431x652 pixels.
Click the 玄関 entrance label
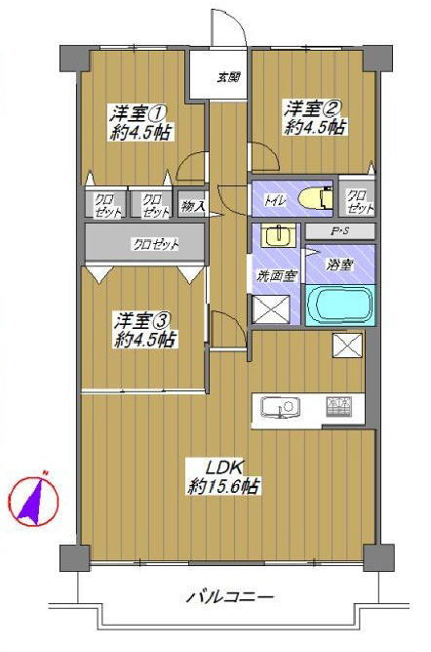coord(229,77)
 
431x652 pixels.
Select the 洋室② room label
coord(313,108)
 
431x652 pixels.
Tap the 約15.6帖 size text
coord(224,485)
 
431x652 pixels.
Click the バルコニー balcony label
coord(230,597)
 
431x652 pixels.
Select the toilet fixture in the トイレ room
coord(316,197)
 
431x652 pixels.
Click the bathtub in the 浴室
coord(340,306)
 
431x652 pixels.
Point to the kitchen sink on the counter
coord(280,407)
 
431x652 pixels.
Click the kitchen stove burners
coord(339,407)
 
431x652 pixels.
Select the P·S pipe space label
coord(339,231)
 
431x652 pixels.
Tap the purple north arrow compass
coord(34,500)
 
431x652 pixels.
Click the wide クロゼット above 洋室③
coord(145,243)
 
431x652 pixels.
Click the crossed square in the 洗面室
coord(271,308)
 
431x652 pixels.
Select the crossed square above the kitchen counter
coord(347,346)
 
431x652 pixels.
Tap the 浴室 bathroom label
coord(339,265)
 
